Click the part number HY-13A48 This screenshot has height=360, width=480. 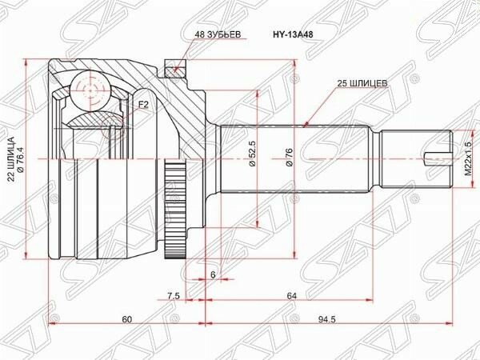(293, 34)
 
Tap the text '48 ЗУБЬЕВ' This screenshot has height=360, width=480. (218, 34)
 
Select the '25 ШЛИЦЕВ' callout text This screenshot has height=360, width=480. (362, 83)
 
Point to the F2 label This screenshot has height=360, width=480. (143, 105)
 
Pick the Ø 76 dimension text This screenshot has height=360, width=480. (290, 158)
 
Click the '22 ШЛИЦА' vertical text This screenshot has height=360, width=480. (11, 158)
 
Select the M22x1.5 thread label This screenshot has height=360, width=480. (468, 158)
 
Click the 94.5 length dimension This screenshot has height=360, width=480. (327, 319)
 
